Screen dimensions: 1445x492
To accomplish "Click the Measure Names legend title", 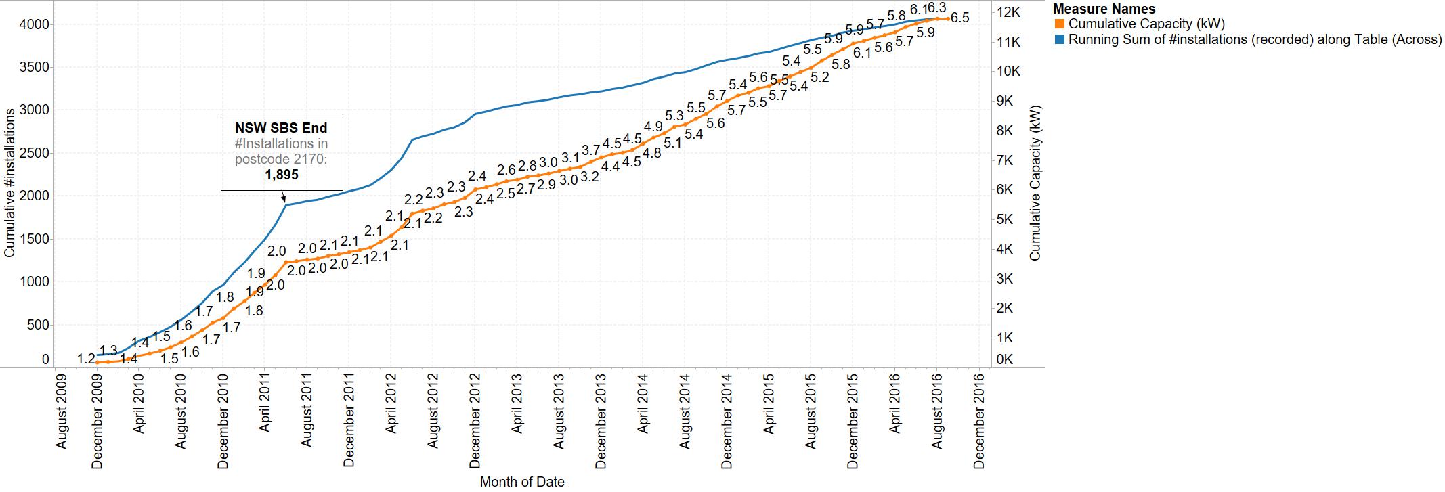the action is [x=1104, y=9].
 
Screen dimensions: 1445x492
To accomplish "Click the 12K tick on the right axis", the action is [x=1009, y=12].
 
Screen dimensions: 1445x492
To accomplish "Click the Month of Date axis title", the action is [x=522, y=482].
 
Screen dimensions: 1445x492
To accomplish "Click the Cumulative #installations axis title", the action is [x=9, y=185].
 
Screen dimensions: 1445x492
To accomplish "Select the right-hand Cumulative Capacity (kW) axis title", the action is [x=1035, y=183].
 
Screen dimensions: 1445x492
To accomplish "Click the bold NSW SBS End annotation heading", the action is [x=281, y=128].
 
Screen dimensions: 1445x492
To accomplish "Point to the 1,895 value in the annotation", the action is [x=281, y=175].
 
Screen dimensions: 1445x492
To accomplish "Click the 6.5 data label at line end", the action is [x=959, y=18].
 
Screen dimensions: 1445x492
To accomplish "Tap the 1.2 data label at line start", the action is [x=85, y=359].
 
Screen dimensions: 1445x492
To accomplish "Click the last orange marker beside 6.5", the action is [x=947, y=19].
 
